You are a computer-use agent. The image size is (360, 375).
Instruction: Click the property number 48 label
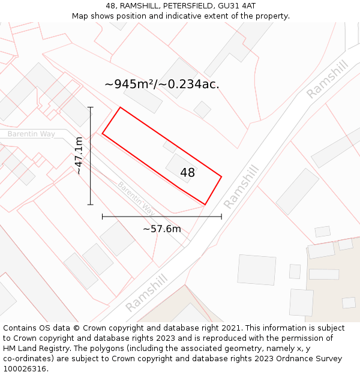click(x=187, y=173)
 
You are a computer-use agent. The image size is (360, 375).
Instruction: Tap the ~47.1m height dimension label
click(x=79, y=155)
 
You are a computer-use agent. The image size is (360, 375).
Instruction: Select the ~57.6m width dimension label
click(x=161, y=229)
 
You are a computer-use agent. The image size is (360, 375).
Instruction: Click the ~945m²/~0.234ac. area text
click(x=162, y=84)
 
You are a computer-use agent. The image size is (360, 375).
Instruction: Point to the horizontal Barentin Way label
click(x=31, y=134)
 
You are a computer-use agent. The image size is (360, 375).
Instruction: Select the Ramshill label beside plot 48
click(x=241, y=187)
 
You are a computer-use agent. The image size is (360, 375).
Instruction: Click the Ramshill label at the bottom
click(x=146, y=293)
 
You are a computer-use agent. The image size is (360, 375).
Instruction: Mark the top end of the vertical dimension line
click(x=91, y=107)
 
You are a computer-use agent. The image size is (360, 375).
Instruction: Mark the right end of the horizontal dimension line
click(x=221, y=217)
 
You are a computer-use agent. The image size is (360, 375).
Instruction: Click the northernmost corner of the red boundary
click(x=121, y=107)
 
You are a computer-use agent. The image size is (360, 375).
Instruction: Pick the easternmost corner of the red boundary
click(x=221, y=177)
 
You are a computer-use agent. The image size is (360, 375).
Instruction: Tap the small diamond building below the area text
click(x=202, y=109)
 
